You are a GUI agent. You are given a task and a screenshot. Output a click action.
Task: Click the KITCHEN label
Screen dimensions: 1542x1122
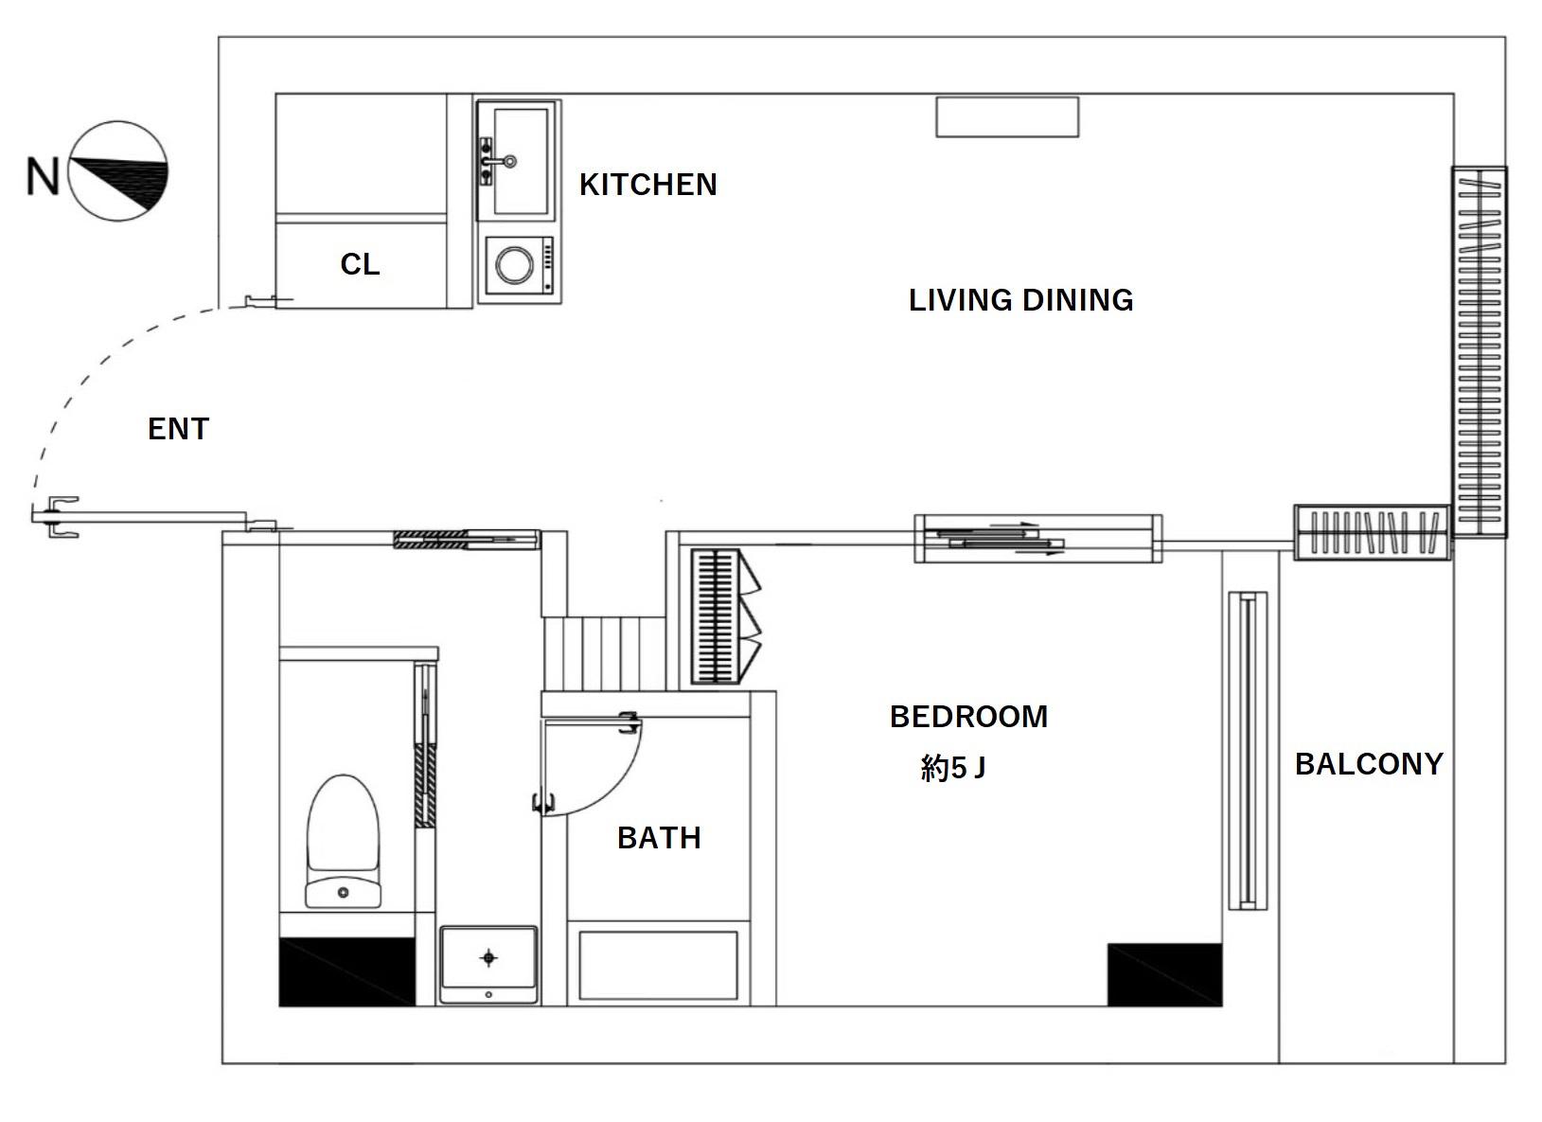[647, 185]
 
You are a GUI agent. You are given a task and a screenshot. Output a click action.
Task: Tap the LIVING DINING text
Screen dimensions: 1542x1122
[1020, 300]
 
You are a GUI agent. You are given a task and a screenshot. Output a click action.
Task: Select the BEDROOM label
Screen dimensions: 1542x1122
[968, 717]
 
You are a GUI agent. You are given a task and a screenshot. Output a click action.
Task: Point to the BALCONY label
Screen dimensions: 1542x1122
[1369, 764]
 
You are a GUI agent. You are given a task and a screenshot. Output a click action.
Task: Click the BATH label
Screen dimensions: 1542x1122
[659, 838]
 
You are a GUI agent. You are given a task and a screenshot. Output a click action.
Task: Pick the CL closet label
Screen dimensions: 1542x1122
[360, 264]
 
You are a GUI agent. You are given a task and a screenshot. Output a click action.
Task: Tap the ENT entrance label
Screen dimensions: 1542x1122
[178, 429]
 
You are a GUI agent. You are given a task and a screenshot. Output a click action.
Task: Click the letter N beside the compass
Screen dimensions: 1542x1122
[43, 177]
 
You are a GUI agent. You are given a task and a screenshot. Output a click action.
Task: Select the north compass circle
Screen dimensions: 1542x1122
[117, 171]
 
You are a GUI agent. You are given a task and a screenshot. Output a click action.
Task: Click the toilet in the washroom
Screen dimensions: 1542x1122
[343, 841]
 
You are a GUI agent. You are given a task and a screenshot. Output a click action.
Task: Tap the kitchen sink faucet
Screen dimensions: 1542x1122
[497, 162]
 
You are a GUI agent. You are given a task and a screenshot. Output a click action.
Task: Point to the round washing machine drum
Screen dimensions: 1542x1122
[514, 264]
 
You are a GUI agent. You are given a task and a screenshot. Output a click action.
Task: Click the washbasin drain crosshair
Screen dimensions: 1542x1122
[488, 958]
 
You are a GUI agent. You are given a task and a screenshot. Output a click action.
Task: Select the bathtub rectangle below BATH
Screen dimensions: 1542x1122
[658, 966]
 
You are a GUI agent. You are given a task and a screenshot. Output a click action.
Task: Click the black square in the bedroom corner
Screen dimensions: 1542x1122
[1164, 974]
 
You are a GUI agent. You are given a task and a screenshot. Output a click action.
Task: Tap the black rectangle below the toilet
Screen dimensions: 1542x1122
[347, 971]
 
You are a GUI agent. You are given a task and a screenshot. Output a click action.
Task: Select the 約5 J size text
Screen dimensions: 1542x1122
[952, 768]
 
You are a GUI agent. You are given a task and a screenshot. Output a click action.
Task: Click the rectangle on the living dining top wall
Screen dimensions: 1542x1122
[1007, 117]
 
